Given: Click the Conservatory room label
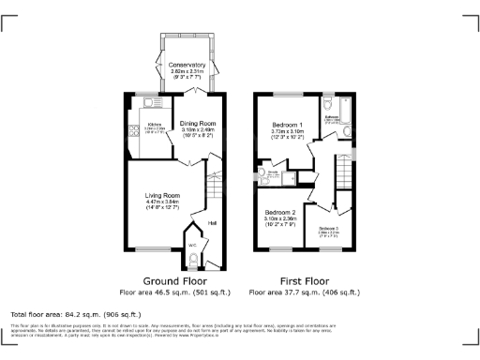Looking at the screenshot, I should (187, 65).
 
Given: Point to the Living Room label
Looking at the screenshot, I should (163, 195).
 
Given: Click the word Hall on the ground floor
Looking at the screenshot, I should (212, 222).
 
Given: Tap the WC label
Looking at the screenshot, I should (192, 246).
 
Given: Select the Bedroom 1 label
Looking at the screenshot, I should (288, 125).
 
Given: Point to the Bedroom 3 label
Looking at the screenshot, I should (328, 229).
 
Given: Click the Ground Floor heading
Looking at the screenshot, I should (174, 281).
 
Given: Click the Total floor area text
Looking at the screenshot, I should (76, 314).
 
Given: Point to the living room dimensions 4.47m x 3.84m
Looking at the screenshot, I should (163, 202).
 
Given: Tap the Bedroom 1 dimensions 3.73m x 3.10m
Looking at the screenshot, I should (288, 131).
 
